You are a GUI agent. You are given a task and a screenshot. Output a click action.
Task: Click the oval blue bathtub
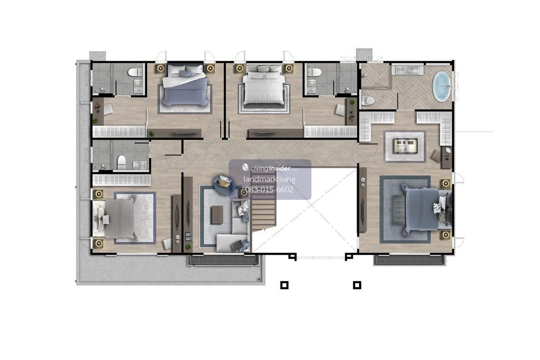441,86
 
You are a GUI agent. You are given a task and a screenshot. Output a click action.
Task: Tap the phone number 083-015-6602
269,190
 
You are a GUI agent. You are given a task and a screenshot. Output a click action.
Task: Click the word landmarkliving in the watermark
269,179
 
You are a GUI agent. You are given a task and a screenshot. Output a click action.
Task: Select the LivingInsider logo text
270,168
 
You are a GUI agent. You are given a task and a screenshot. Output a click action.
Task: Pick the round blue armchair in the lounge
224,184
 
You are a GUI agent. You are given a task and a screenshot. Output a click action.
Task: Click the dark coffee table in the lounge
217,215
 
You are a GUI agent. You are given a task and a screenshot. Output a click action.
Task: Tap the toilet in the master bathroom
368,100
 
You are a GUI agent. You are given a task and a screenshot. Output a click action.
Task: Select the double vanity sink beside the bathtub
407,70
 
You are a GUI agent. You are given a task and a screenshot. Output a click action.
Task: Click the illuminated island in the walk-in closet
405,146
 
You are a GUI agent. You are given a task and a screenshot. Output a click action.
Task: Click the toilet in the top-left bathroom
135,72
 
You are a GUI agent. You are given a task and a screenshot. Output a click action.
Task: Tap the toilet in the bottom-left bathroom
121,162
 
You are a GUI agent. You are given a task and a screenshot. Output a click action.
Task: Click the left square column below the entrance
284,285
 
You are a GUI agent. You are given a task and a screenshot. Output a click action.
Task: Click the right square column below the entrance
357,285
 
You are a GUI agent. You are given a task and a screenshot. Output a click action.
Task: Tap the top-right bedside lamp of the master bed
445,184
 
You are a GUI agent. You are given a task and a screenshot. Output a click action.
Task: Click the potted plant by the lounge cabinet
188,247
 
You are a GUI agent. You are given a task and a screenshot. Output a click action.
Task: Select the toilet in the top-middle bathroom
315,72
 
